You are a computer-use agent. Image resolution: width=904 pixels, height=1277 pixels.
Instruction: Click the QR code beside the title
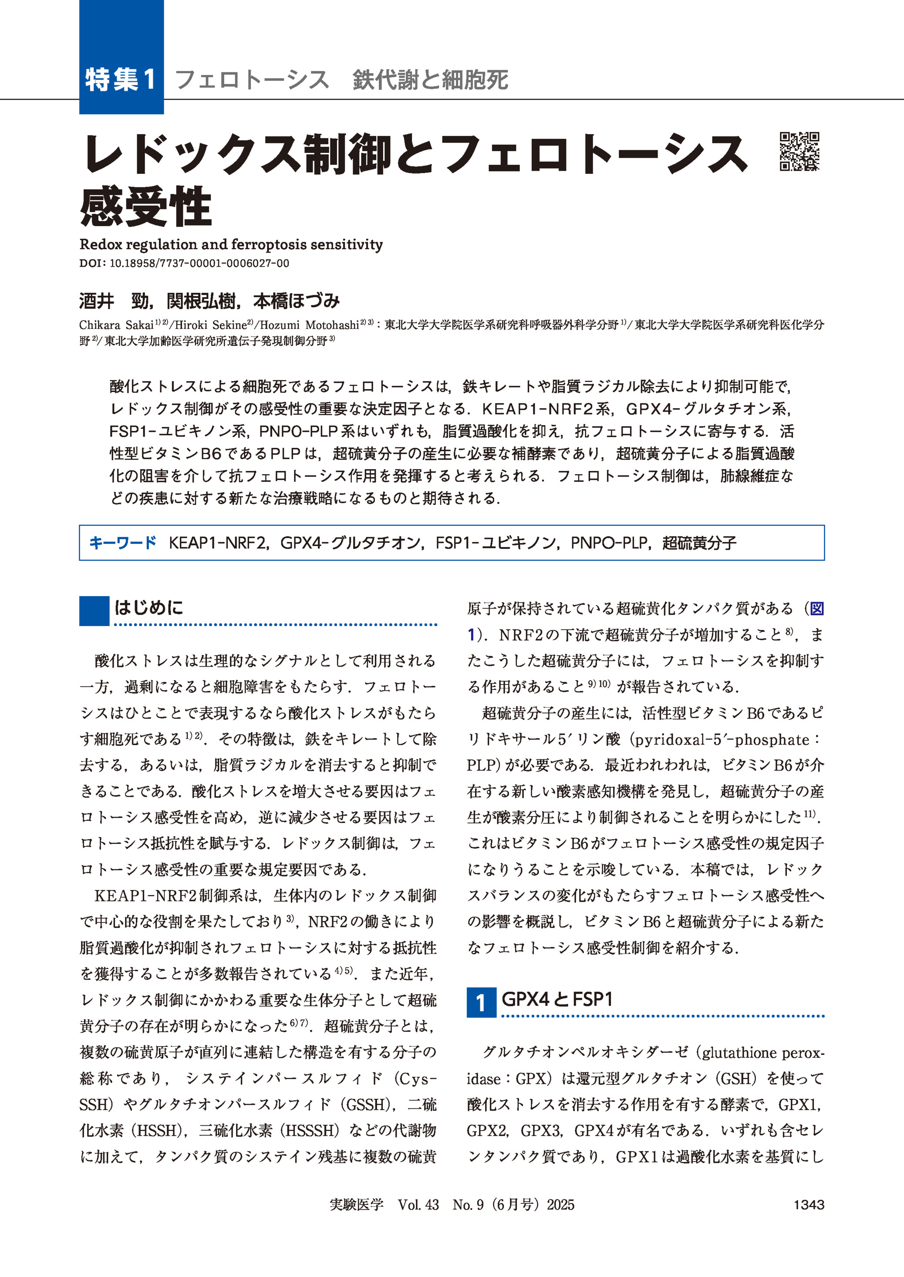pos(799,152)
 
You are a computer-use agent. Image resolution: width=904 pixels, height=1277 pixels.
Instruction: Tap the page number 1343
pos(808,1205)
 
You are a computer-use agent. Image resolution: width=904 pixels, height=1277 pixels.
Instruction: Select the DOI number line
pos(184,264)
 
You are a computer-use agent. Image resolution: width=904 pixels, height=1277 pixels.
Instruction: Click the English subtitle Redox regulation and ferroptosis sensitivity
pos(231,244)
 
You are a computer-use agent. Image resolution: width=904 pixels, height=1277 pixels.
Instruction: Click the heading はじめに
pos(148,607)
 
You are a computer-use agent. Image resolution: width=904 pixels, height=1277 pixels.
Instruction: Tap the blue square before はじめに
pos(94,611)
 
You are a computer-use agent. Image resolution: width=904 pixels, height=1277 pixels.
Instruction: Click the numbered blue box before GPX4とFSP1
pos(481,1003)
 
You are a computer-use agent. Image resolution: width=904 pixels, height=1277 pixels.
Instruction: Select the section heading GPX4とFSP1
pos(557,999)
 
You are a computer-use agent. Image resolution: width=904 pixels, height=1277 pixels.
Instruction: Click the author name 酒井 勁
pos(115,301)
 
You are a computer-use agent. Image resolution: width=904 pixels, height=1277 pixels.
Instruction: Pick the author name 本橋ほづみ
pos(296,301)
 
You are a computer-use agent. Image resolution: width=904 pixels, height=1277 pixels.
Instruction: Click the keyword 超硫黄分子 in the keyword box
pos(699,542)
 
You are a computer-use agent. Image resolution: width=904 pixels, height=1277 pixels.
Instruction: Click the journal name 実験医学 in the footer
pos(356,1205)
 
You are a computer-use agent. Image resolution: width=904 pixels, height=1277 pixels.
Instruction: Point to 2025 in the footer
pos(560,1205)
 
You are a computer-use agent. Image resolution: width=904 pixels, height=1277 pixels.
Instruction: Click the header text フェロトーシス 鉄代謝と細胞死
pos(341,80)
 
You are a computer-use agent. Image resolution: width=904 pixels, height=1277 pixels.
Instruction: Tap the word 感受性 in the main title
pos(146,207)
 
